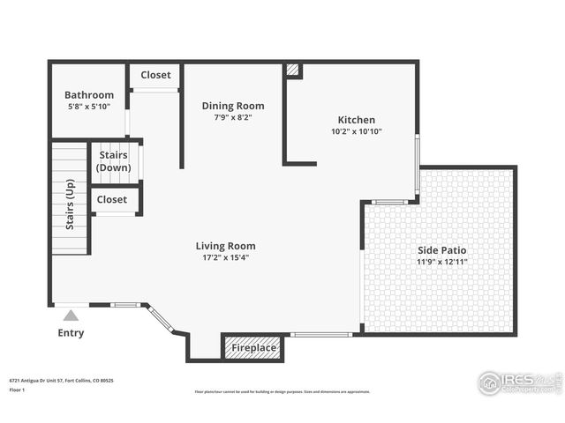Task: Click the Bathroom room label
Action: pos(89,95)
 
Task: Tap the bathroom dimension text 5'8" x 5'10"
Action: pos(89,107)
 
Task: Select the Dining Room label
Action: pos(233,106)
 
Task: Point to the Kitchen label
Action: pos(357,120)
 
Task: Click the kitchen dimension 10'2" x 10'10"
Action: pos(357,131)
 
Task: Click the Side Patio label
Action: pos(442,249)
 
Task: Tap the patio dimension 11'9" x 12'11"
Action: pos(442,261)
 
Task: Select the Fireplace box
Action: pos(253,348)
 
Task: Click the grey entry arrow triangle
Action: pos(71,315)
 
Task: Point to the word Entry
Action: pos(71,333)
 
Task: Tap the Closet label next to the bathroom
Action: pos(155,75)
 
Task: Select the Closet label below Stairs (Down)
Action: pos(112,199)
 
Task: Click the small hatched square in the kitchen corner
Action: pos(293,70)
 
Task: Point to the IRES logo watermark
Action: pos(519,382)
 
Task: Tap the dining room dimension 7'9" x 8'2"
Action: pos(233,117)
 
